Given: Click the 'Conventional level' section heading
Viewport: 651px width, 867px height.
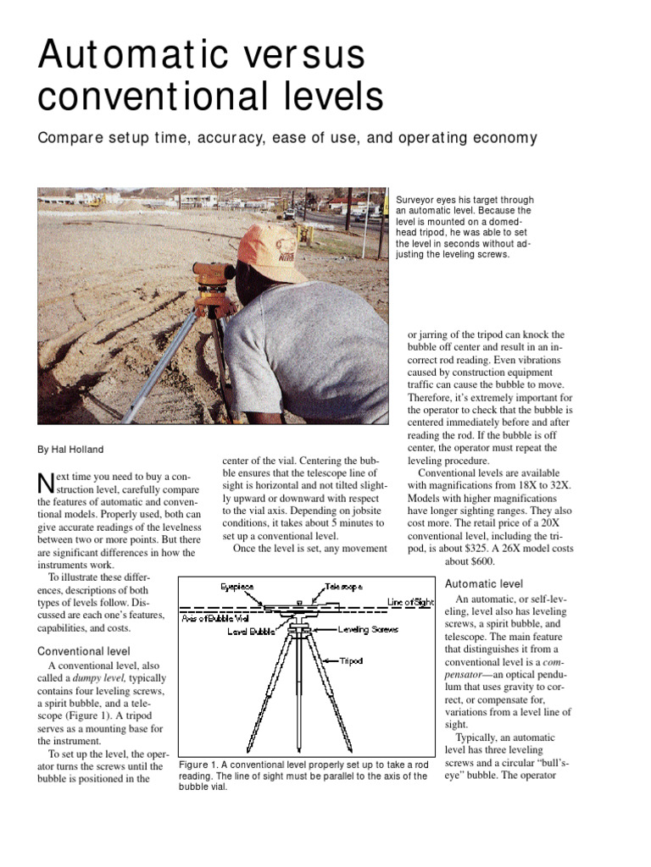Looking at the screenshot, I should click(x=84, y=651).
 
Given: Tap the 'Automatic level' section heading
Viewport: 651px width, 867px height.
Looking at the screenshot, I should click(x=484, y=583).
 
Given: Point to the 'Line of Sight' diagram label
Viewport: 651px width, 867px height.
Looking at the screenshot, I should click(x=410, y=601).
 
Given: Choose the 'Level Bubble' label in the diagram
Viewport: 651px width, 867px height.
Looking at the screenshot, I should click(x=250, y=631).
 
